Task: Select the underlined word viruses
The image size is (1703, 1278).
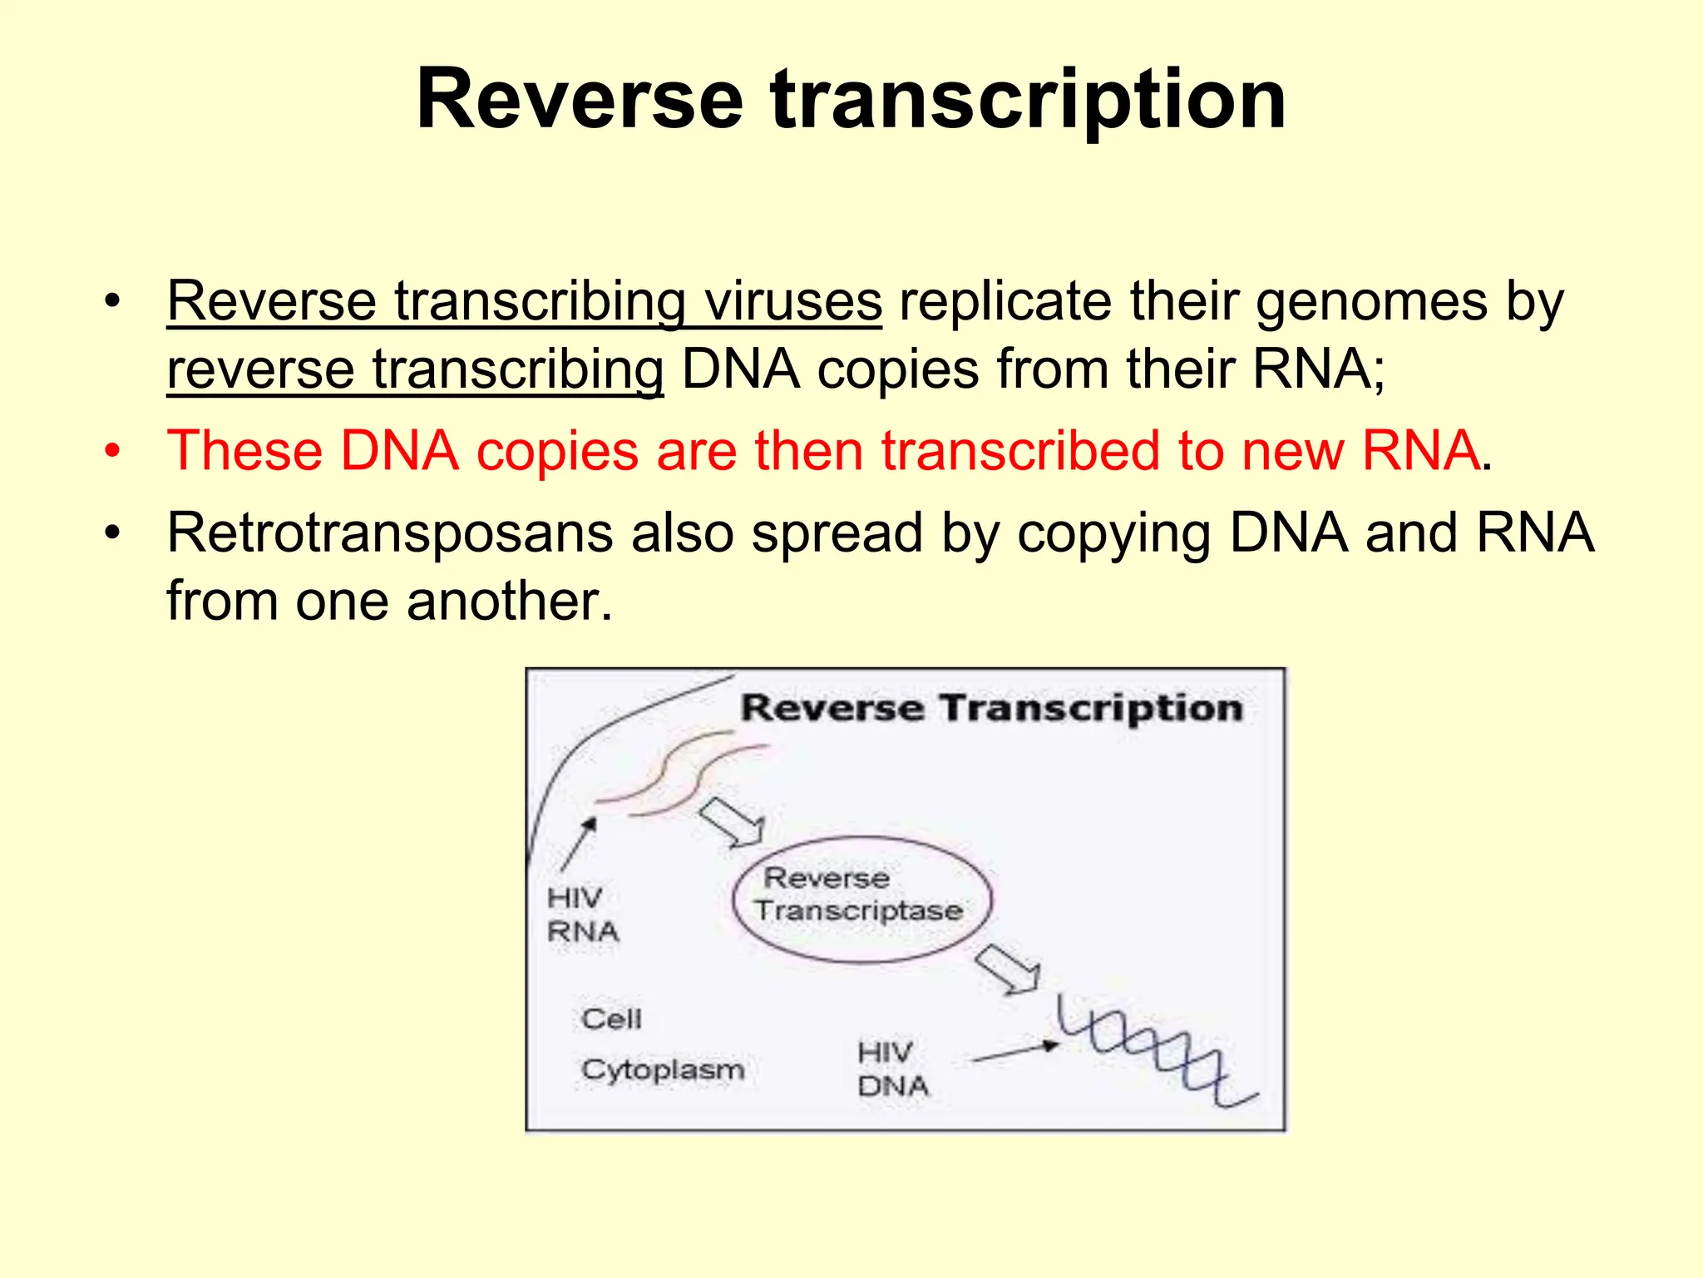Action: [792, 301]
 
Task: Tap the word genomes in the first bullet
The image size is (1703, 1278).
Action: [1371, 301]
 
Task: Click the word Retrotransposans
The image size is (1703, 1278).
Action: [390, 532]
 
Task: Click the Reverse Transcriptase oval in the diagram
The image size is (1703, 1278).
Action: [861, 899]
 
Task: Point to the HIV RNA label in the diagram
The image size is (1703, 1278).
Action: [583, 914]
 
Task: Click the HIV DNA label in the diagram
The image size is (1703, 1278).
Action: [892, 1069]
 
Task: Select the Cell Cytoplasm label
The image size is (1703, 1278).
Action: [661, 1045]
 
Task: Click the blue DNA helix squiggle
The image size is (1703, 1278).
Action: [1156, 1052]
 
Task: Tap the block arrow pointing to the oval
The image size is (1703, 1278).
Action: [733, 823]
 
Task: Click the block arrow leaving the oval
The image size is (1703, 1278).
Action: [1008, 969]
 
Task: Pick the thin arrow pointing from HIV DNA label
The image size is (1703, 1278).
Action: [1014, 1053]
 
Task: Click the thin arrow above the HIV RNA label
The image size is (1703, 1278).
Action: [579, 843]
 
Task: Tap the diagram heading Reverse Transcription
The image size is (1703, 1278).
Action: [991, 709]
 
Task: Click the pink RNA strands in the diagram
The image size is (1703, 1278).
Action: [682, 774]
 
